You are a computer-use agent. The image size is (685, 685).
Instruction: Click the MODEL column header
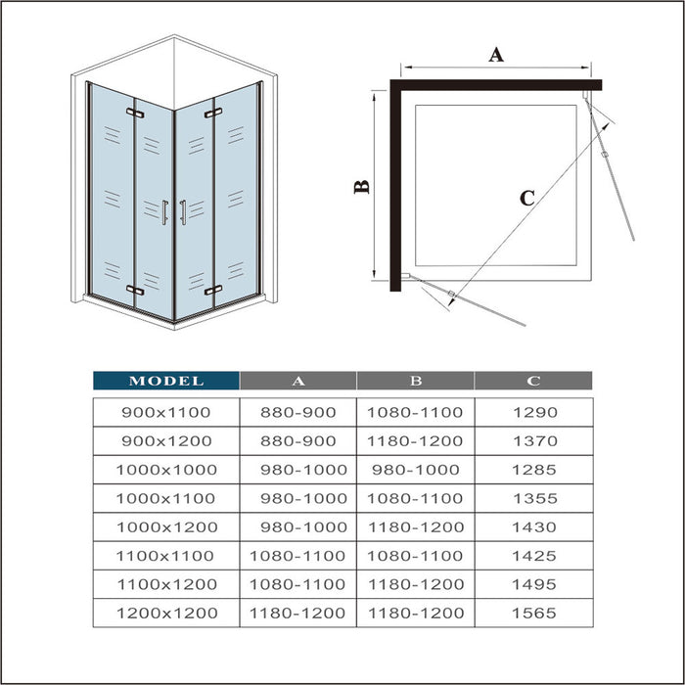(x=165, y=382)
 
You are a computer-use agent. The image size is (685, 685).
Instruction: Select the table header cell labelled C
(x=533, y=382)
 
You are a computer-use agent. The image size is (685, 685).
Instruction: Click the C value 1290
(x=534, y=412)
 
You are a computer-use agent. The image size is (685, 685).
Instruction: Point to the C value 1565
(x=534, y=613)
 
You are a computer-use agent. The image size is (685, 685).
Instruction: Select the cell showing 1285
(x=534, y=470)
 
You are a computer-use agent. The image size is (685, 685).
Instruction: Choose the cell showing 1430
(x=534, y=526)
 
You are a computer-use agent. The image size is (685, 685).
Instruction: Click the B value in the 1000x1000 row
(x=416, y=470)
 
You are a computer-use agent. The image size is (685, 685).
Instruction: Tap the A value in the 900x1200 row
(x=298, y=441)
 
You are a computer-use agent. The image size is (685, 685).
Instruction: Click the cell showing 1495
(x=534, y=584)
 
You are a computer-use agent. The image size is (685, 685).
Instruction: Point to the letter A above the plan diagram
(x=496, y=56)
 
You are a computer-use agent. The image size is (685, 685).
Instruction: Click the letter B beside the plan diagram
(x=361, y=186)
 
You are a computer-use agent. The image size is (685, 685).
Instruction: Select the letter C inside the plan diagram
(x=526, y=198)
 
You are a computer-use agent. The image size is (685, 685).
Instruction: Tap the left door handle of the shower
(x=165, y=211)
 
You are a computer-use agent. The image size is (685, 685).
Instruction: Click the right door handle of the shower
(x=182, y=211)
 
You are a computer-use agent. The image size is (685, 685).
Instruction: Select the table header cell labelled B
(x=416, y=382)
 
